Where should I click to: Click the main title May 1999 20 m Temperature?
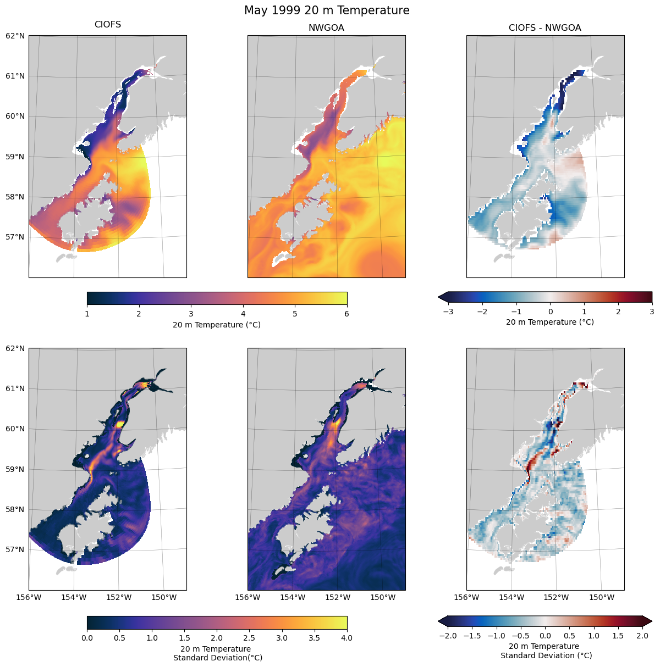click(x=327, y=10)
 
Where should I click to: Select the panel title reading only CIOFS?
click(x=108, y=25)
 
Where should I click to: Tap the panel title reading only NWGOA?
click(x=326, y=28)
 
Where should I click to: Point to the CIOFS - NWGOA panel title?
click(x=544, y=28)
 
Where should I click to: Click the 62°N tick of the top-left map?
click(x=15, y=36)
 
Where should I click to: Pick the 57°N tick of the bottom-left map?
click(x=15, y=549)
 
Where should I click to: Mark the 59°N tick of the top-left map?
click(x=15, y=157)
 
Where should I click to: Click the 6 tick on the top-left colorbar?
click(x=346, y=314)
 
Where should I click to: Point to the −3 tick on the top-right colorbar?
click(x=448, y=312)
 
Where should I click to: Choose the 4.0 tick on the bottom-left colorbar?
click(x=346, y=638)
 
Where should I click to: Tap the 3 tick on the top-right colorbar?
click(x=652, y=312)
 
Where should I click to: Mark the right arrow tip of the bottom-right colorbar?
click(x=652, y=621)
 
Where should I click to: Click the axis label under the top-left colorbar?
click(x=217, y=325)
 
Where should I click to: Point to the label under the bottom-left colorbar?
click(x=217, y=653)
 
